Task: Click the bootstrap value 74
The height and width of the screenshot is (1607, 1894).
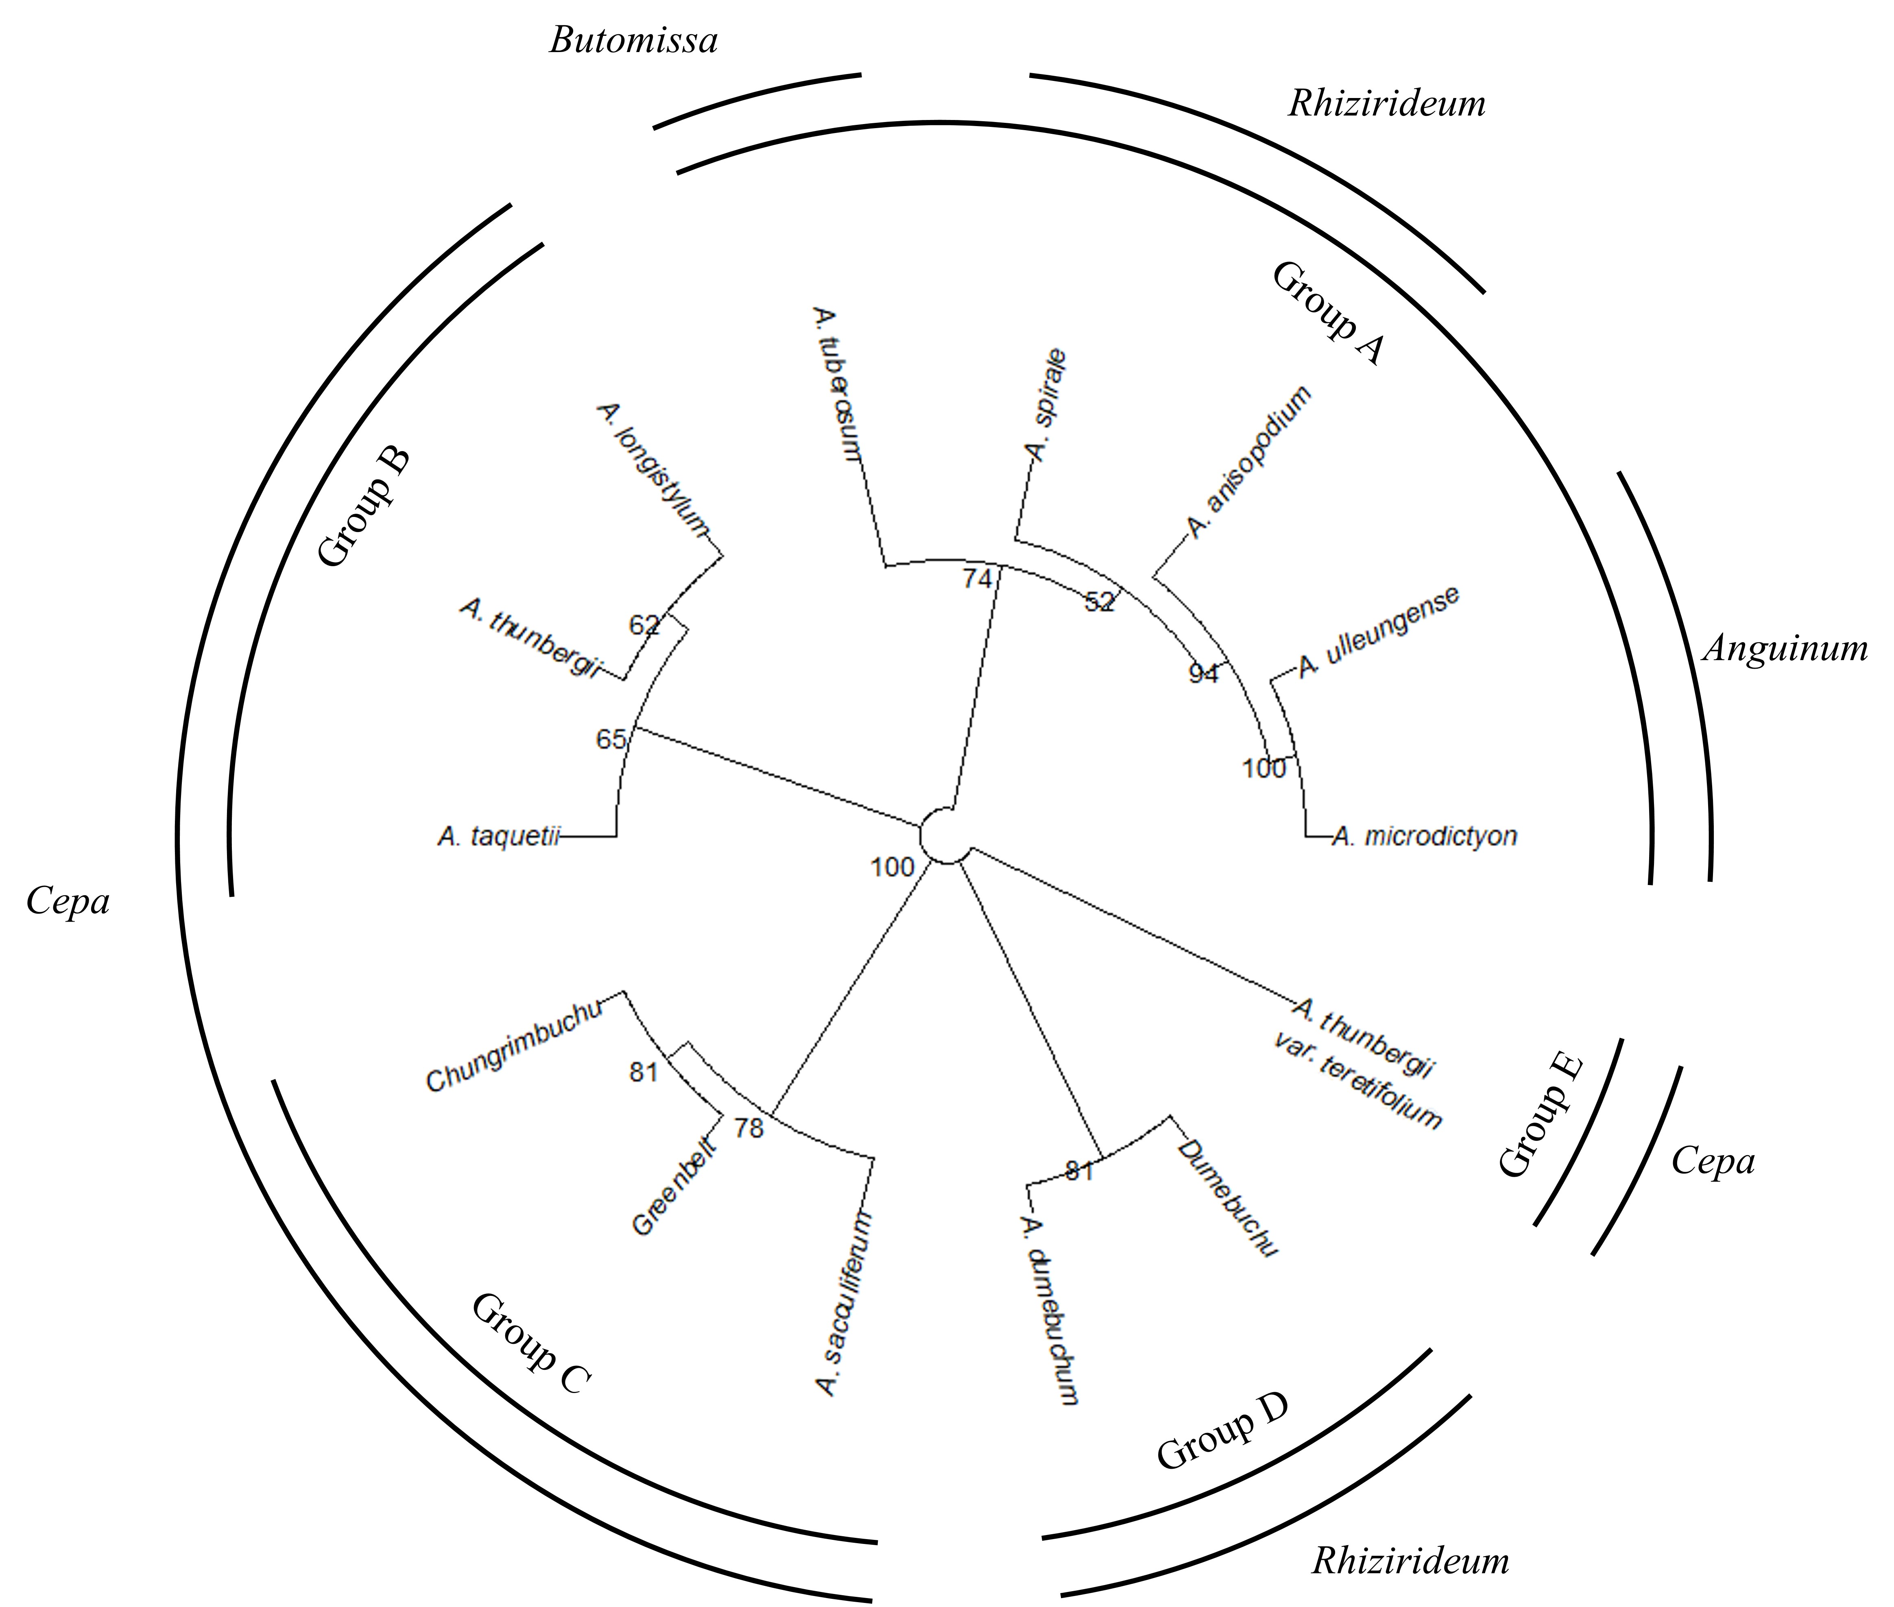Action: pyautogui.click(x=977, y=578)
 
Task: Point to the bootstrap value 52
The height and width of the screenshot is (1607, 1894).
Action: pyautogui.click(x=1100, y=601)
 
